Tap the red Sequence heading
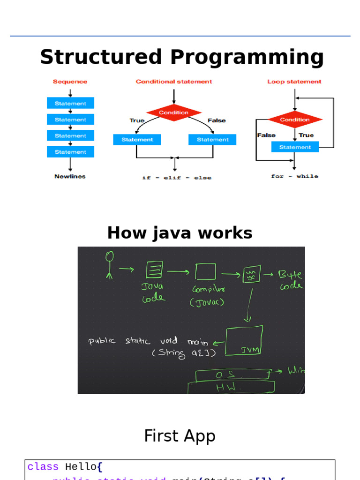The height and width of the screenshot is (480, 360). tap(70, 82)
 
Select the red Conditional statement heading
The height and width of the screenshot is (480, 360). tap(174, 82)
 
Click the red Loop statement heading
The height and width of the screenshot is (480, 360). tap(294, 82)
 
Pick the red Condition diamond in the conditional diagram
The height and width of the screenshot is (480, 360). tap(174, 112)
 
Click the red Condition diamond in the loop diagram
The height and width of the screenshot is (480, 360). tap(295, 120)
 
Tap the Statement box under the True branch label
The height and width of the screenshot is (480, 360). tap(137, 140)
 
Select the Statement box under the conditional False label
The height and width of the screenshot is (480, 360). tap(212, 140)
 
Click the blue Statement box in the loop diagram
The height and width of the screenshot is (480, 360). tap(295, 147)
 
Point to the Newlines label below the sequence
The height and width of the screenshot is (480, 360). tap(70, 177)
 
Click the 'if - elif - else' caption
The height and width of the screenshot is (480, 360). tap(177, 178)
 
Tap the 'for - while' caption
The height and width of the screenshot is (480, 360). tap(294, 176)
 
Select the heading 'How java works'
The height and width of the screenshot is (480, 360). tap(180, 233)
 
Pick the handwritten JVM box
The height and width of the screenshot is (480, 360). tap(244, 341)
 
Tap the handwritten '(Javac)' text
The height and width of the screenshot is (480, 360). tap(207, 303)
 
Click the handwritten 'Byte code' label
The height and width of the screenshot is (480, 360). tap(291, 280)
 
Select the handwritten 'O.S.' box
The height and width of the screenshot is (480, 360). tap(232, 375)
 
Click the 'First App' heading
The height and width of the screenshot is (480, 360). tap(180, 436)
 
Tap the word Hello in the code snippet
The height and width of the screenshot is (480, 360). tap(81, 467)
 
